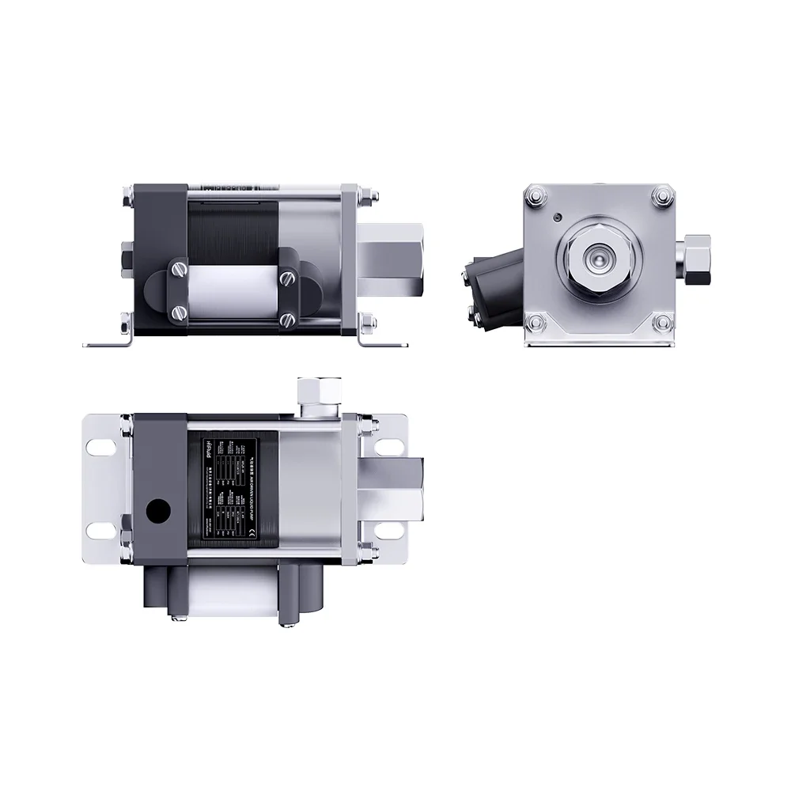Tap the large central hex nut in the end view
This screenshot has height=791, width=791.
pos(599,258)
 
